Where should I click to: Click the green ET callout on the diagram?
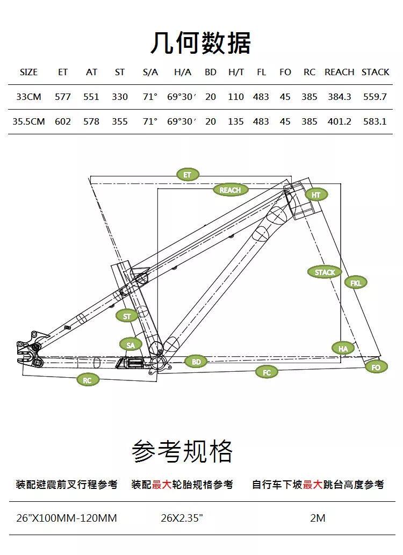coord(187,175)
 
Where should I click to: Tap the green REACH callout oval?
coord(230,190)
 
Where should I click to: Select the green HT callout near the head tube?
coord(316,195)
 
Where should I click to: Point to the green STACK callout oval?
coord(325,272)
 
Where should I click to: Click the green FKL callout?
coord(356,283)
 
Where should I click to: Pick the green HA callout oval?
coord(343,349)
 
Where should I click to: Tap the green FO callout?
coord(376,367)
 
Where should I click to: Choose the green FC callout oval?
coord(267,372)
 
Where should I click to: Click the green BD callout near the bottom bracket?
coord(196,362)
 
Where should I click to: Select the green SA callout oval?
coord(131,345)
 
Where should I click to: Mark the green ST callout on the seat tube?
coord(127,316)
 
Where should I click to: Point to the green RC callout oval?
coord(88,380)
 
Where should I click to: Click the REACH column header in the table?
coord(339,72)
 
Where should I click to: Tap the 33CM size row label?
coord(28,97)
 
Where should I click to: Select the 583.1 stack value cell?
coord(375,121)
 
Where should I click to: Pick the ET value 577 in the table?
coord(63,97)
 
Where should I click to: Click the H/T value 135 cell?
coord(235,121)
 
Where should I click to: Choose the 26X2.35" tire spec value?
coord(182,518)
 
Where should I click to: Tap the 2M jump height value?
coord(318,518)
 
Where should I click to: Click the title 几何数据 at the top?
coord(200,43)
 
